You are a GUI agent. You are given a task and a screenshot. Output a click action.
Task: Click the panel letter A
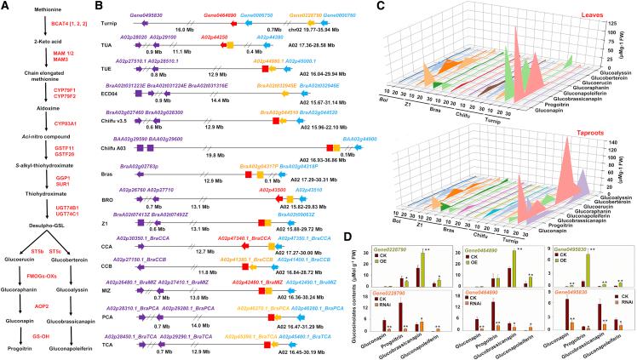[x=6, y=7]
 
